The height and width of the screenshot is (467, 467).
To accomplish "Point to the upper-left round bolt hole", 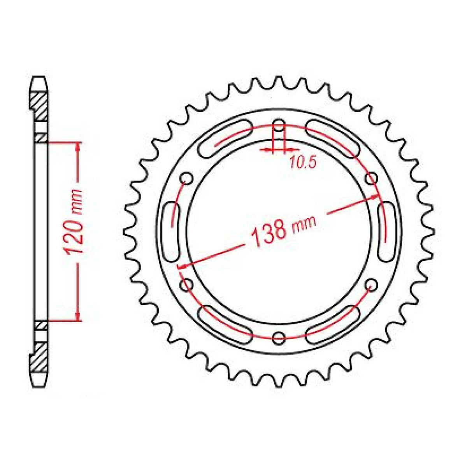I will (187, 179).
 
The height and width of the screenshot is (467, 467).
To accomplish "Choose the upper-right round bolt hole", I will (371, 179).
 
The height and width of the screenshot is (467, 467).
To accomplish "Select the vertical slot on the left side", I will (172, 231).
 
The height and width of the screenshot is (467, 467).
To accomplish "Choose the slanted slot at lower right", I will (333, 324).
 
